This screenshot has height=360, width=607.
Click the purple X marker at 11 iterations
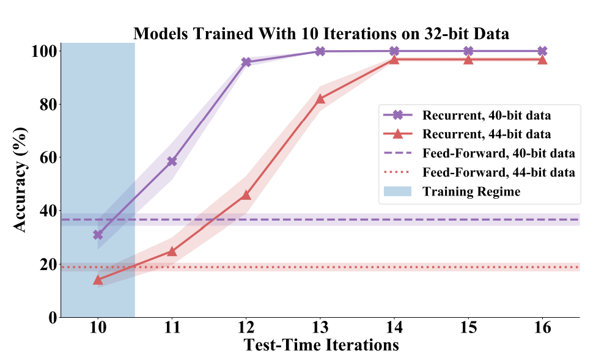(172, 161)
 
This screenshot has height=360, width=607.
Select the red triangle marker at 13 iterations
(320, 98)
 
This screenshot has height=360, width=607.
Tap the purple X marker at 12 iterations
(246, 62)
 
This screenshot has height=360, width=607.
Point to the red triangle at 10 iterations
(98, 279)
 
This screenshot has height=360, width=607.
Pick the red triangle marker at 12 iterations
(246, 194)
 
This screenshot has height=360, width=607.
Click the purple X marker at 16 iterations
(542, 51)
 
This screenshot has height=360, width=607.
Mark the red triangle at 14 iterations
(394, 59)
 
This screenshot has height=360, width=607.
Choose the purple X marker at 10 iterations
(98, 235)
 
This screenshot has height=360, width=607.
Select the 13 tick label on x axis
(320, 328)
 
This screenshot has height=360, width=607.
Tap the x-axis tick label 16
(542, 328)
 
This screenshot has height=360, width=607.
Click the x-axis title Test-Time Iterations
(321, 345)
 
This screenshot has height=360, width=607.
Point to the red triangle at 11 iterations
(172, 251)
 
